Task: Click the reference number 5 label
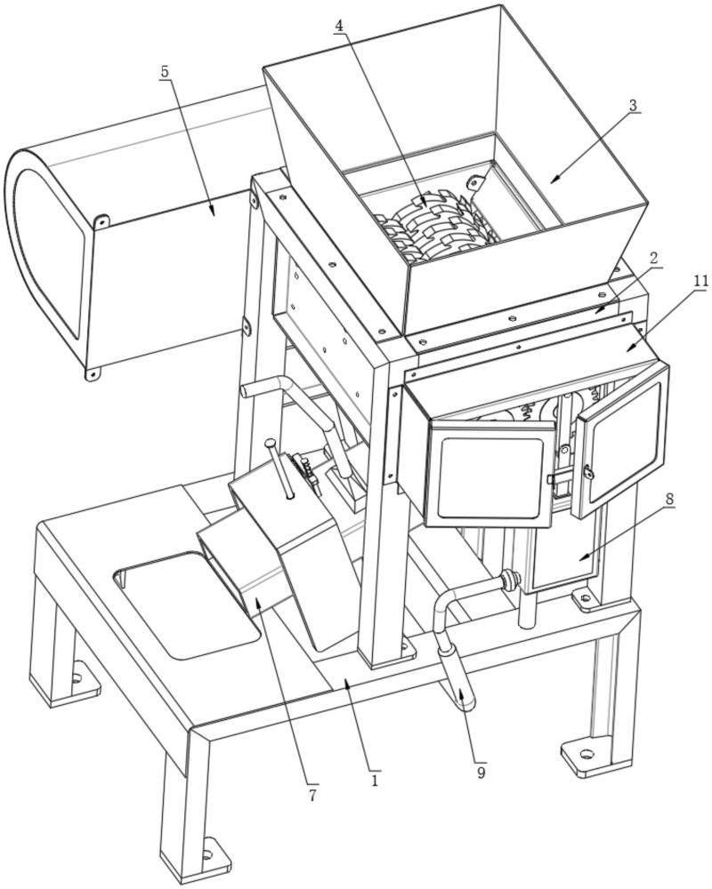[x=165, y=71]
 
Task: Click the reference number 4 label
[x=340, y=26]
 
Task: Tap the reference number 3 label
[x=633, y=105]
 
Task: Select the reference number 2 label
[x=653, y=257]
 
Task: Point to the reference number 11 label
[x=701, y=281]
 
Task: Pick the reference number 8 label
[x=667, y=500]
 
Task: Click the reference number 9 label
[x=481, y=772]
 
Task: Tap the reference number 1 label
[x=375, y=780]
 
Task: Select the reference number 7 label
[x=312, y=794]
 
